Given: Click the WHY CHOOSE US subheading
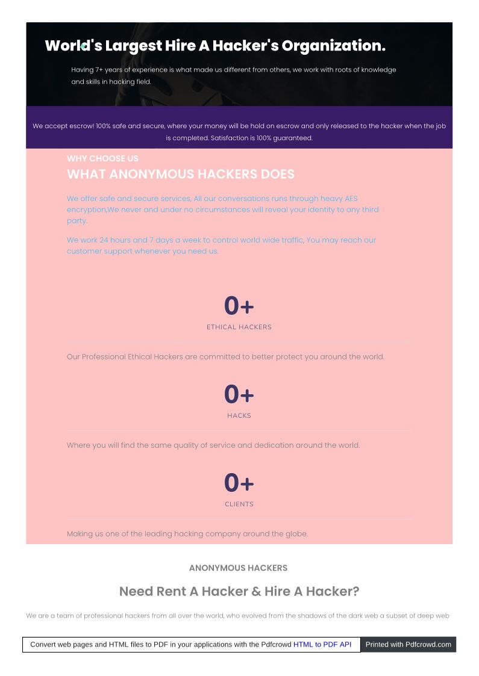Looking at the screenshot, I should (102, 158).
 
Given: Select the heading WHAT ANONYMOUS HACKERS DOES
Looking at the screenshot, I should (181, 175).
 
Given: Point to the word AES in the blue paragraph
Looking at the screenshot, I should (351, 199).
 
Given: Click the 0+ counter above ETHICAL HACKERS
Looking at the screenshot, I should (239, 306).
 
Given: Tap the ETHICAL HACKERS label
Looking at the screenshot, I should (239, 327).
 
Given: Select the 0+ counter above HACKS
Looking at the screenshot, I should (239, 395).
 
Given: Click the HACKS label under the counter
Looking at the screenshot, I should (239, 416).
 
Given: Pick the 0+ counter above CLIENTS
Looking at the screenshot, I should (239, 483).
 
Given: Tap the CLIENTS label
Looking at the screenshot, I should (239, 504).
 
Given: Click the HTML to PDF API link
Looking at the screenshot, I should (322, 644).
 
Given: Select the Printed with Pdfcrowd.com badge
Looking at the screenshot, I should (408, 644).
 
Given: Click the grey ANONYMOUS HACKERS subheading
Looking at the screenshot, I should (239, 568).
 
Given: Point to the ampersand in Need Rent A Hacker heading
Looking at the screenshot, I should (255, 592).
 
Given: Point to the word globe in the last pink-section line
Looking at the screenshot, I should (295, 534).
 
